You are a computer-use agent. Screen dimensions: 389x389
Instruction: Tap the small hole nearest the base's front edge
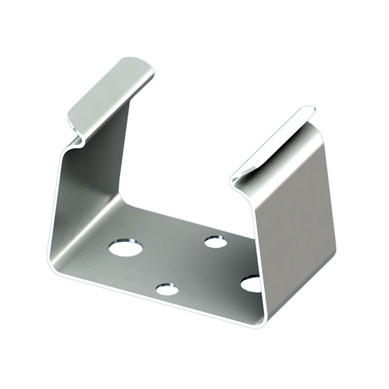click(167, 289)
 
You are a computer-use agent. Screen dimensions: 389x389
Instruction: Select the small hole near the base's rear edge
click(216, 243)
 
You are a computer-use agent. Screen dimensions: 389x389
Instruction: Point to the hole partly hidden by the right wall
click(251, 283)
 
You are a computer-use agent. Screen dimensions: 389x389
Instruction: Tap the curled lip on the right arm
click(274, 143)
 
